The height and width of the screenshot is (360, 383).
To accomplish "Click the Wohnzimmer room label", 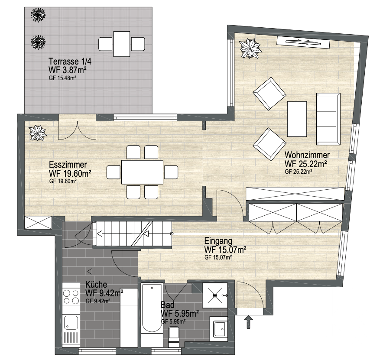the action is (x=307, y=155).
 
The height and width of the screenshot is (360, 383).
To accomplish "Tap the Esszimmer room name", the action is (x=68, y=165).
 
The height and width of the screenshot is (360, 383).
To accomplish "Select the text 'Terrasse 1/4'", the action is (x=70, y=62).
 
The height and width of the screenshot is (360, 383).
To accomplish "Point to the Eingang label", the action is (x=218, y=241).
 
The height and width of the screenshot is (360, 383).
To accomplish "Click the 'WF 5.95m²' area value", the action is (x=179, y=313).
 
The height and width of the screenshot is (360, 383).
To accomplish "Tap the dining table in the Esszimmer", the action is (x=142, y=172).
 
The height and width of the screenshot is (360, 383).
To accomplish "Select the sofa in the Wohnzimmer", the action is (x=328, y=119).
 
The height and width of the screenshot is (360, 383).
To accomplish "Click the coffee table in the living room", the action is (x=297, y=119).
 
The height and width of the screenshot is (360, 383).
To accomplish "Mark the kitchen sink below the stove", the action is (x=71, y=323).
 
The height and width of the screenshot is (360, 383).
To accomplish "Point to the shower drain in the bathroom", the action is (x=215, y=295).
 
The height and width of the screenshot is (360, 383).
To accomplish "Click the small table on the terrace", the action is (x=121, y=44).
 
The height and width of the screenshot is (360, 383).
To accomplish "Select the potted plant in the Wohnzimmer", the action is (x=250, y=49).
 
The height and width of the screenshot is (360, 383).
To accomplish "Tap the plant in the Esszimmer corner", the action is (x=37, y=133).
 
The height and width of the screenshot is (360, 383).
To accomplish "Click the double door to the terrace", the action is (x=77, y=130).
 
